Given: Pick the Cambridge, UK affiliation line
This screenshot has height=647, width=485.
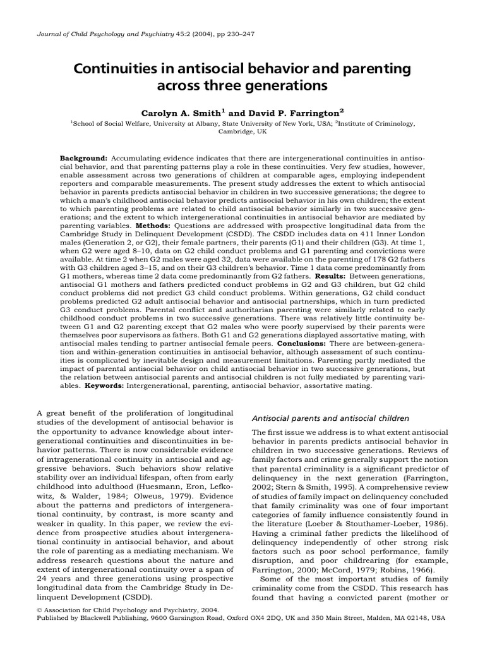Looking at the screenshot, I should pos(242,133).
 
